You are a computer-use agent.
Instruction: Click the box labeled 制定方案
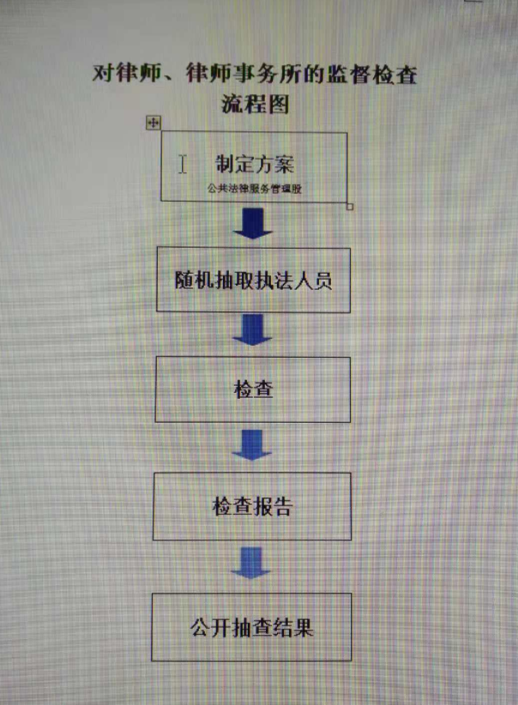pos(254,167)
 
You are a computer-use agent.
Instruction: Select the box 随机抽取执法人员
pos(253,280)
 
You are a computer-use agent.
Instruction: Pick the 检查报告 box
pos(252,506)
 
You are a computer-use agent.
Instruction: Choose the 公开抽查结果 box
pos(252,626)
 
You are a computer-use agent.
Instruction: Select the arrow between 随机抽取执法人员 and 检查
pos(252,330)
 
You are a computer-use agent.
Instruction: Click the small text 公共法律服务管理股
pos(255,186)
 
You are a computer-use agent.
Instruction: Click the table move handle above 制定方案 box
pos(154,123)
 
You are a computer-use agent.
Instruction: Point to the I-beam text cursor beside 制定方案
pos(183,164)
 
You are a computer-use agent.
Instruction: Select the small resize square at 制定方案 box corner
pos(350,207)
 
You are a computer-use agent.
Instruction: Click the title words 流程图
pos(255,104)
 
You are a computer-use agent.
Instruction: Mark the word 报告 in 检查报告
pos(273,506)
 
